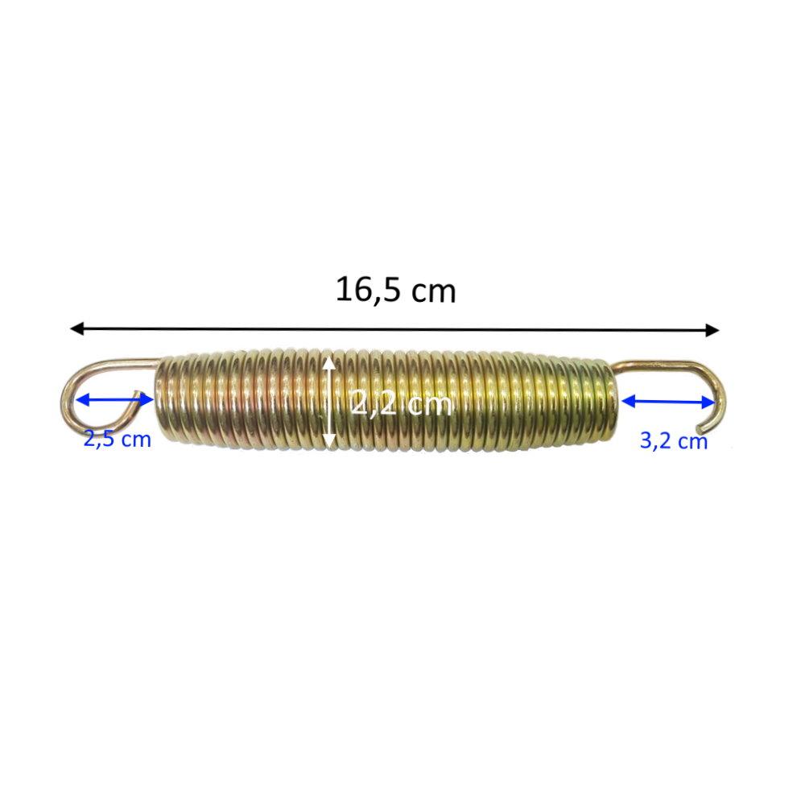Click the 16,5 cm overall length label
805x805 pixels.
coord(395,290)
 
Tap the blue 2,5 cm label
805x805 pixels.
coord(117,440)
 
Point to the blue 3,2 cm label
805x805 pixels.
coord(673,440)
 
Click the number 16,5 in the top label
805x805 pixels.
coord(364,290)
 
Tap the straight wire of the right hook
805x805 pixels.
coord(654,365)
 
